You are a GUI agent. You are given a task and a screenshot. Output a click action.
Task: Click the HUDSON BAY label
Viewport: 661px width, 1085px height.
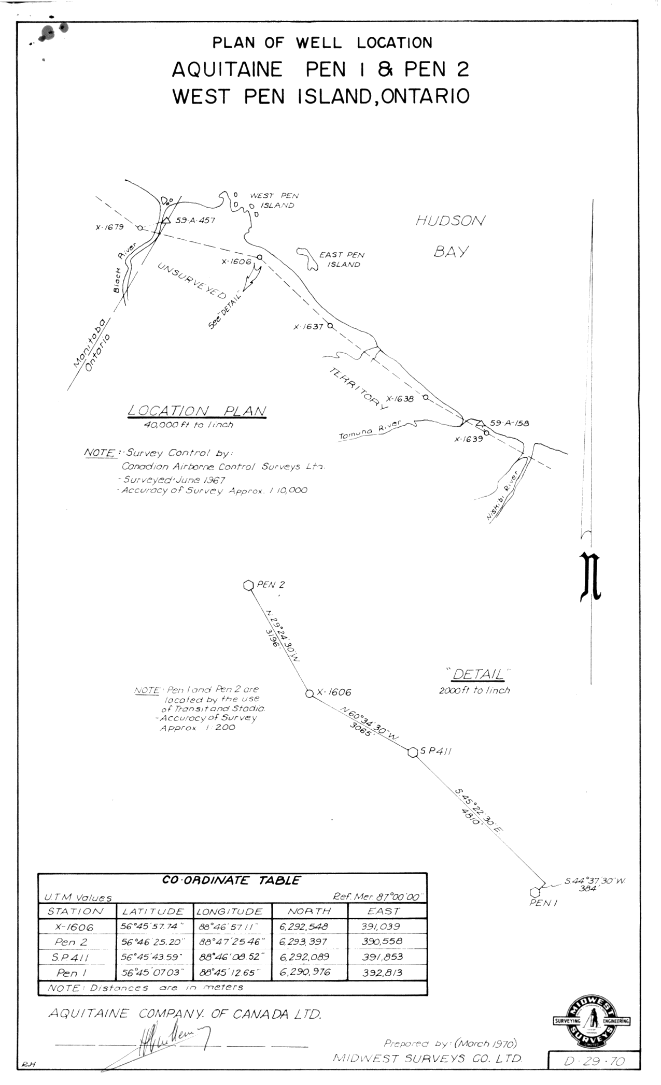(x=449, y=236)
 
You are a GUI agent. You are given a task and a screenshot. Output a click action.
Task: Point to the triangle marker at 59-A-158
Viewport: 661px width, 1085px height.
(x=480, y=423)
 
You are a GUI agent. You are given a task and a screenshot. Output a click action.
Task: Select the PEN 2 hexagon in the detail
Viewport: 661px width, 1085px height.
(x=248, y=585)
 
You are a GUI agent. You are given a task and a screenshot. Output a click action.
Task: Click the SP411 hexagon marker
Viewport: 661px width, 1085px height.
(x=413, y=753)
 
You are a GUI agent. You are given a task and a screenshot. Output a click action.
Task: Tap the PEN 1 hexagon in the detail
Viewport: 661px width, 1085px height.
(x=535, y=892)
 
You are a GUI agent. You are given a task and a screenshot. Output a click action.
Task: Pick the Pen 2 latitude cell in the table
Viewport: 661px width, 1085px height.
(x=153, y=942)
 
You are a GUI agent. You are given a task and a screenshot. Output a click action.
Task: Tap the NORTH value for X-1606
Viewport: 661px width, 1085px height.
(x=304, y=927)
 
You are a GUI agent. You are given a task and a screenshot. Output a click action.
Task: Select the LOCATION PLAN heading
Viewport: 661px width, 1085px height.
(x=197, y=411)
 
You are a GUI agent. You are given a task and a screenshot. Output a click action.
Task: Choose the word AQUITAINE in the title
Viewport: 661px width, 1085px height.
(x=227, y=69)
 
